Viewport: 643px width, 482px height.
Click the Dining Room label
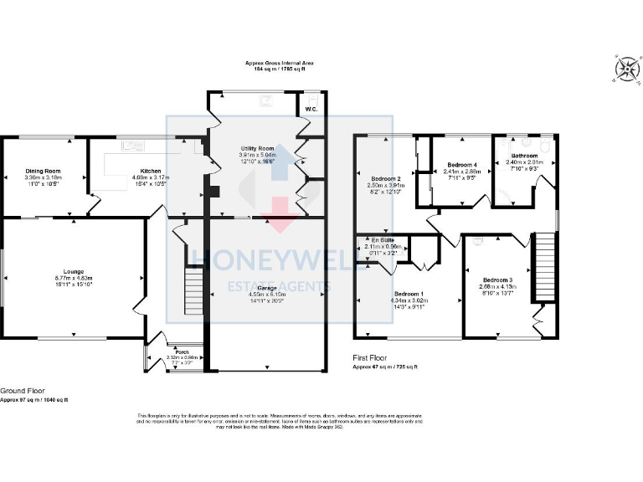coord(43,171)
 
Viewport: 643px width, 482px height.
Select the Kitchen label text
coord(139,171)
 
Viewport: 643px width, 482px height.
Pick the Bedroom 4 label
coord(460,165)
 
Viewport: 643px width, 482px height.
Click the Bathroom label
coord(525,156)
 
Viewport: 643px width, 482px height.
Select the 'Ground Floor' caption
coord(23,390)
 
